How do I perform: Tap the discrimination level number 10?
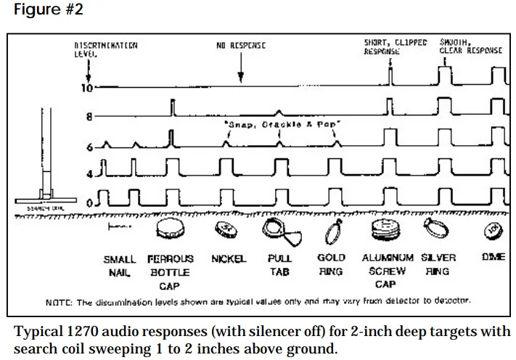tap(86, 89)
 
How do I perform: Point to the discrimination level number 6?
tap(90, 147)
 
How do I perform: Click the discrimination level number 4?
tap(90, 174)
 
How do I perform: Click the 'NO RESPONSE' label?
tap(241, 46)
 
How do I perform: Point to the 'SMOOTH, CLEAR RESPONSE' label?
tap(470, 48)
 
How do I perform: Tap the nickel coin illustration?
tap(226, 230)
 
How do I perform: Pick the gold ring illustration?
tap(332, 232)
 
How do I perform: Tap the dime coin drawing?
tap(494, 230)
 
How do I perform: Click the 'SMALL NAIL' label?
tap(120, 265)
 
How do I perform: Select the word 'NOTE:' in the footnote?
tap(59, 300)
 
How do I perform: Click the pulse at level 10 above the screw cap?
tap(390, 75)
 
